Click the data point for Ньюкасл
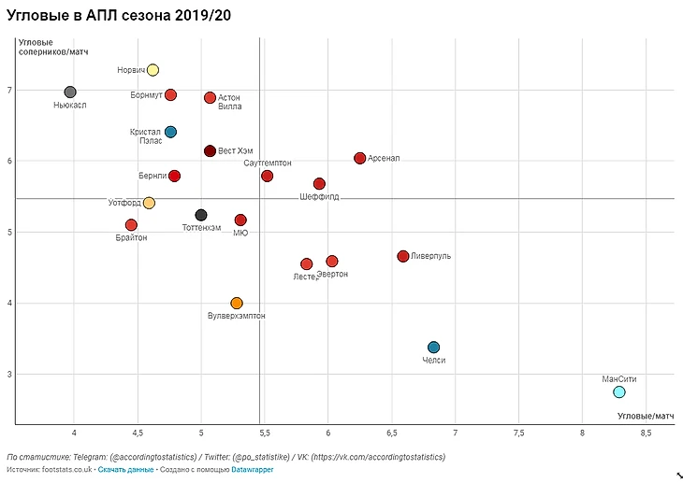70,92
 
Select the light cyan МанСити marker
619,391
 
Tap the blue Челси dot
433,348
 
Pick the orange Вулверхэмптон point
237,303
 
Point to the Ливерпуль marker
403,256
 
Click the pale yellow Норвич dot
153,70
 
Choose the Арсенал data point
360,158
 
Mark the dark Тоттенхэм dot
201,215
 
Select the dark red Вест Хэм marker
210,150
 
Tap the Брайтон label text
131,237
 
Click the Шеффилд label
320,197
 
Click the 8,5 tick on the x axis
646,433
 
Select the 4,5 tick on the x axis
138,433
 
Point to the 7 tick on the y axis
8,90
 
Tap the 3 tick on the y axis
8,375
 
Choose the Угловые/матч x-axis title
646,415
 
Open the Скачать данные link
125,469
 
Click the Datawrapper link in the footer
253,469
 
